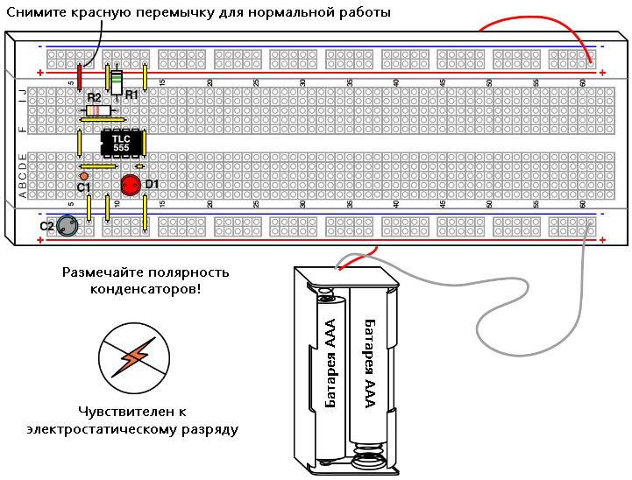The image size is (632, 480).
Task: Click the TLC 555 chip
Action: (x=122, y=144)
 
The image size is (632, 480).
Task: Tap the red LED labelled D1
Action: (x=131, y=185)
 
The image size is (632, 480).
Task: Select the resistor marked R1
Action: (x=117, y=81)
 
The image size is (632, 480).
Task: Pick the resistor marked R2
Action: (x=97, y=111)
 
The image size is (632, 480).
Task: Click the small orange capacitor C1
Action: (x=84, y=176)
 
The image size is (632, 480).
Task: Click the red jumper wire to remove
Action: (x=80, y=77)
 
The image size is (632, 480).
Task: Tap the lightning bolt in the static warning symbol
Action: (x=134, y=357)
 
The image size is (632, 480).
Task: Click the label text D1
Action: (x=152, y=184)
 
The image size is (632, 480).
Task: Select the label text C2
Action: (x=47, y=226)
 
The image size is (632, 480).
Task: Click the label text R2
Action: (x=94, y=99)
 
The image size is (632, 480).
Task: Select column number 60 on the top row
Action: (x=583, y=82)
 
